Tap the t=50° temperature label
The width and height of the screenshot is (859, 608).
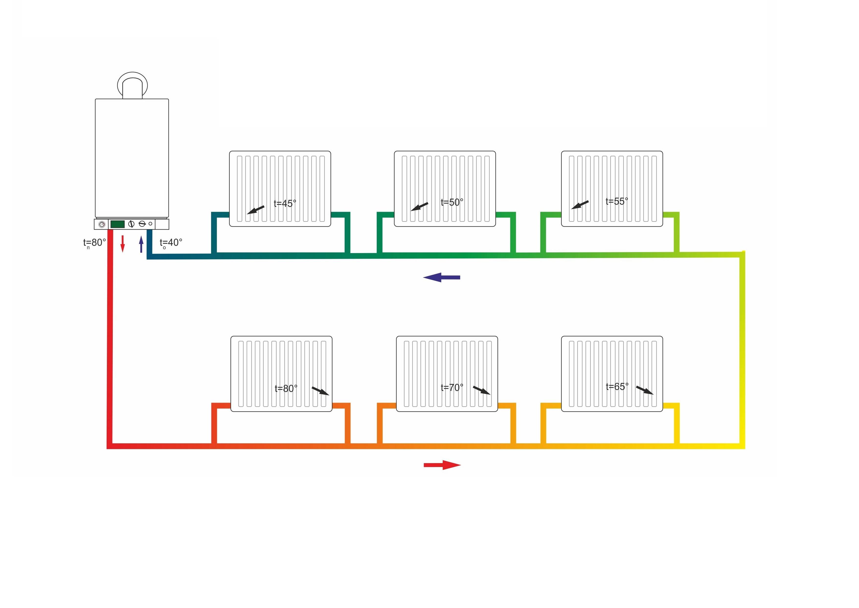(452, 202)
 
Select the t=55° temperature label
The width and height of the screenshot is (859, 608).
(617, 201)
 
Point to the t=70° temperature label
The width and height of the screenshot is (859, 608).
(452, 387)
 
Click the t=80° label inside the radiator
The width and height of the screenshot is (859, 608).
(286, 389)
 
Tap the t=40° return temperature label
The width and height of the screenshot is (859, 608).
(171, 243)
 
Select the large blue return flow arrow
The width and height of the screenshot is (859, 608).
(441, 277)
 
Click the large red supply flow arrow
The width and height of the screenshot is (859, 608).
(442, 465)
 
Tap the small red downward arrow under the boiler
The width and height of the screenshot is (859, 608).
(122, 244)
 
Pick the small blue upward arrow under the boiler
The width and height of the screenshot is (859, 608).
(141, 244)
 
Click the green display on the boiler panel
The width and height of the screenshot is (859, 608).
(117, 224)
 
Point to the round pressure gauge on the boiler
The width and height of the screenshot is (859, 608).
(102, 224)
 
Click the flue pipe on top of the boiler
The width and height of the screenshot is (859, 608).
(132, 85)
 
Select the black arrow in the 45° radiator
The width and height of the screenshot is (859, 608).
(256, 210)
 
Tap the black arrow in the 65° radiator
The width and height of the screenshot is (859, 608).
(645, 390)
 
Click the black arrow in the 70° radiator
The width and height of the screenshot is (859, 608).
(482, 390)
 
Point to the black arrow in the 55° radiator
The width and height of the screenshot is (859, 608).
(580, 205)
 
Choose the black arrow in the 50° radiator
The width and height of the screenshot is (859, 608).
(419, 207)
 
